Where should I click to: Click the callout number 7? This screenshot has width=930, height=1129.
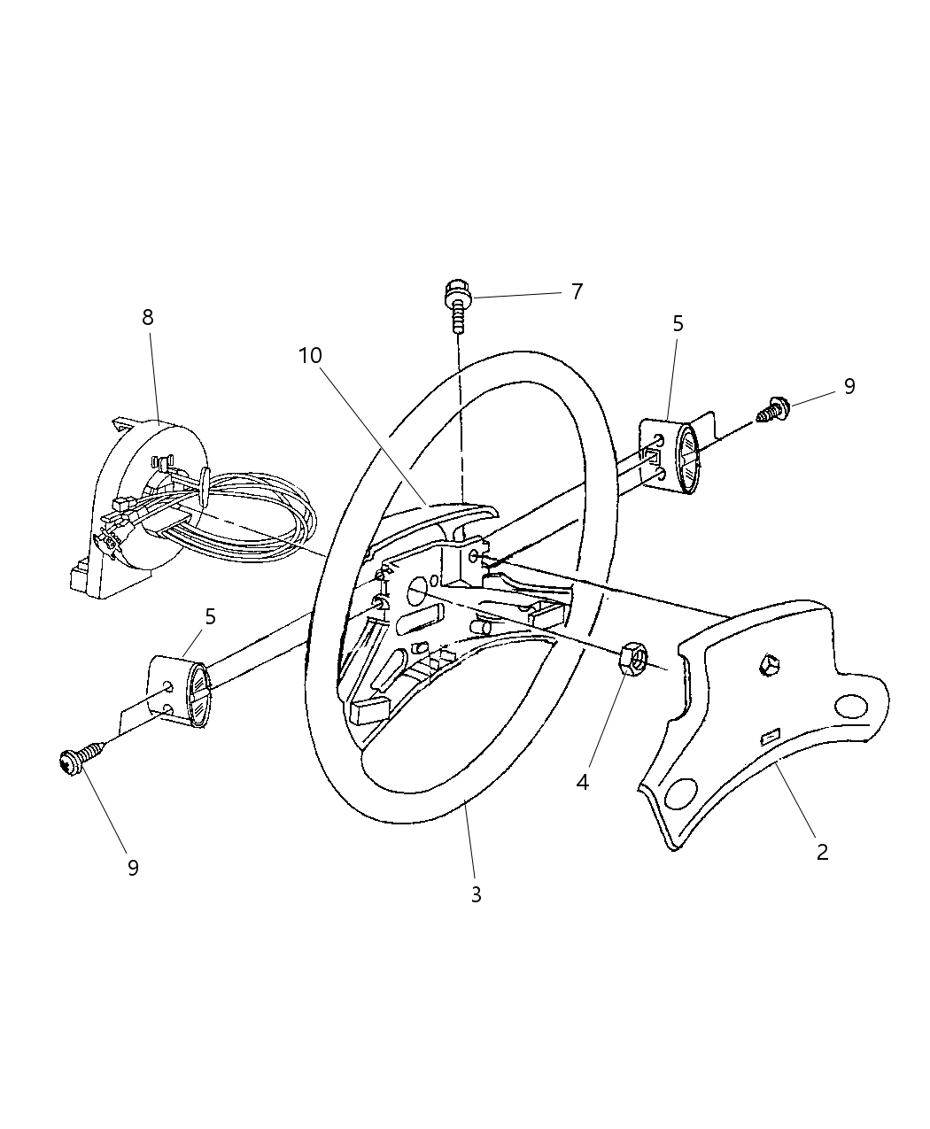click(x=577, y=291)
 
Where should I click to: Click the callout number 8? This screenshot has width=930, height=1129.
click(x=148, y=317)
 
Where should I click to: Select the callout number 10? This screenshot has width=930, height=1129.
click(x=310, y=355)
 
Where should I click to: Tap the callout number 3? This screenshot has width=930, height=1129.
click(x=476, y=894)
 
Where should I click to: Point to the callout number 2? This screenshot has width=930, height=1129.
click(x=822, y=852)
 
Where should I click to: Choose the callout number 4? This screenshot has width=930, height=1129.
click(x=582, y=782)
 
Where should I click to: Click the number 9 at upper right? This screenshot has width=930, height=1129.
click(x=849, y=386)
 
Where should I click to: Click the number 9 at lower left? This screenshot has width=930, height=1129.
click(x=133, y=868)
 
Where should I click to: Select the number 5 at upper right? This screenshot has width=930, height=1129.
click(x=678, y=323)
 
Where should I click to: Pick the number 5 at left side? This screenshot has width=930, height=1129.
click(x=210, y=616)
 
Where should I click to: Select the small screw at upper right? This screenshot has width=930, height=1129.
click(x=773, y=409)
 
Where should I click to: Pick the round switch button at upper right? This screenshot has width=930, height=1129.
click(x=687, y=458)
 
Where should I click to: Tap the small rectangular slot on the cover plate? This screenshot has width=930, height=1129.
click(x=768, y=734)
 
